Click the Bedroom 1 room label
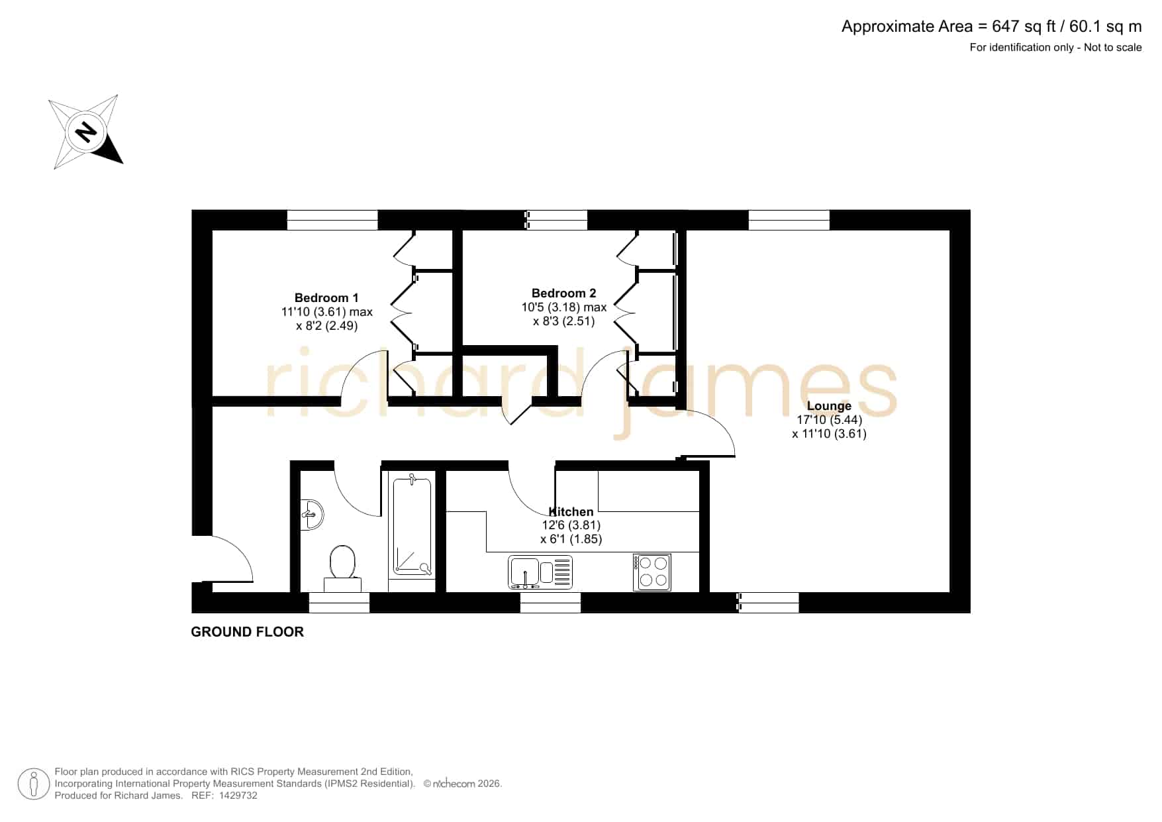point(326,298)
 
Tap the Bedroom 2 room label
point(563,293)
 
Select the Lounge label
point(829,406)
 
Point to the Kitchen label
point(571,511)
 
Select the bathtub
point(412,525)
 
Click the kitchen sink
point(540,572)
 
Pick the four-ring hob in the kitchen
point(652,572)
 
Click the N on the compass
point(85,131)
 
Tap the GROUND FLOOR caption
point(248,632)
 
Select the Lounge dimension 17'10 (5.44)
point(829,420)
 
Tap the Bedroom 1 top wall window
point(332,220)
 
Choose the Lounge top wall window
point(789,220)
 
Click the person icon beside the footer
point(33,784)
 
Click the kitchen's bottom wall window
point(550,602)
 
